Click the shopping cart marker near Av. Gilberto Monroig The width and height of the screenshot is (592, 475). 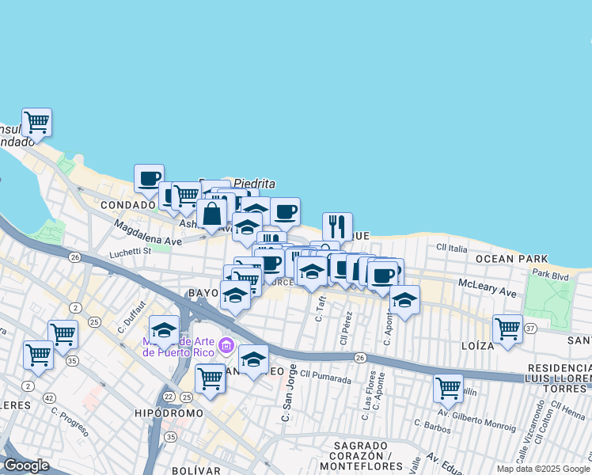point(448,388)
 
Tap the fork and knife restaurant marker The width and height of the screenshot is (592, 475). point(337,226)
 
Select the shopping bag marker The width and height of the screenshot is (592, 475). point(212,213)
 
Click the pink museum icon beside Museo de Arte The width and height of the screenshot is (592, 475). point(226,345)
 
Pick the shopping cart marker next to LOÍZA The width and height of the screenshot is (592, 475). point(507,329)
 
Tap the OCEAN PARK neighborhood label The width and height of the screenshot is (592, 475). point(511,259)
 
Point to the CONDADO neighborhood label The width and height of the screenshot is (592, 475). point(128,204)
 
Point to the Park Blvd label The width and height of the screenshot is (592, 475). point(551,273)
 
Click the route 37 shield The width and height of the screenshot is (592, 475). point(530,329)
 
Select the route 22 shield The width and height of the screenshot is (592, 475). point(168,396)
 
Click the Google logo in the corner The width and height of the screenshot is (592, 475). point(26,465)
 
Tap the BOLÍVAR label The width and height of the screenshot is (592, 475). point(196,470)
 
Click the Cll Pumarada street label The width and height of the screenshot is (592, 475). point(325,378)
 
